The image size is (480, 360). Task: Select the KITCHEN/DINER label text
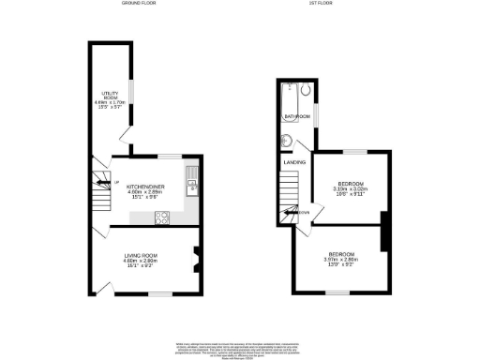click(x=145, y=187)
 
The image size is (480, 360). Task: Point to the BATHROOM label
click(x=297, y=116)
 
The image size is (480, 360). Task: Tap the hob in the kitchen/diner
click(x=161, y=218)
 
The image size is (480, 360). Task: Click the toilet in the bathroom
click(x=292, y=143)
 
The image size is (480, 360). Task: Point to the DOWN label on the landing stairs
click(x=303, y=212)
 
